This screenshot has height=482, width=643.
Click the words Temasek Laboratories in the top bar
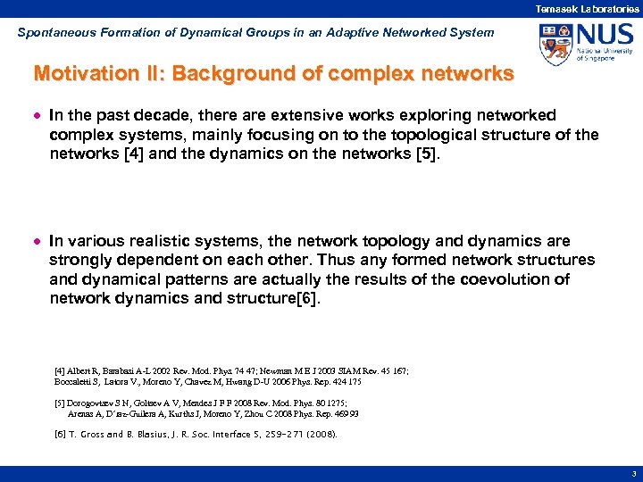pyautogui.click(x=586, y=8)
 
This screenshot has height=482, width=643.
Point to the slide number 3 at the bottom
pyautogui.click(x=633, y=475)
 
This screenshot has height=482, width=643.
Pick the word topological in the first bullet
pyautogui.click(x=411, y=135)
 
